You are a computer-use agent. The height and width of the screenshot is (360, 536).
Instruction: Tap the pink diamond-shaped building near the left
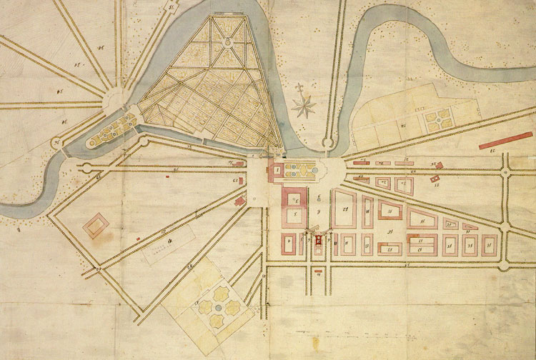[96, 228]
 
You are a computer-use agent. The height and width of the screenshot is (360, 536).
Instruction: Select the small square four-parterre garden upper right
[437, 119]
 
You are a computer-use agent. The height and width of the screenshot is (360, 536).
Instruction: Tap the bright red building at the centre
[318, 241]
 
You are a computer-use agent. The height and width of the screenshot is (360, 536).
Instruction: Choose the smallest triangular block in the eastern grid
[470, 226]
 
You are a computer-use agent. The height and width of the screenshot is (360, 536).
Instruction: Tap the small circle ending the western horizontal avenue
[86, 168]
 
